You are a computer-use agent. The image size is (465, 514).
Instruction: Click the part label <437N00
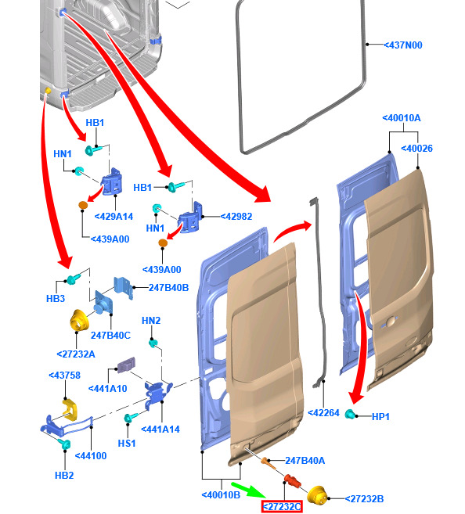(x=403, y=45)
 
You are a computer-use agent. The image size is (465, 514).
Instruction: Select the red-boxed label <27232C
(x=282, y=507)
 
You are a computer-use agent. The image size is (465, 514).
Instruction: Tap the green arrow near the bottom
(x=251, y=491)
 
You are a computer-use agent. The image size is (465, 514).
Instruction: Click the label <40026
(x=416, y=149)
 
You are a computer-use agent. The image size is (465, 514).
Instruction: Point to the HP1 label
(x=380, y=417)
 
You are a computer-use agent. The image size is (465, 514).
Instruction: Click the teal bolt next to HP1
(x=350, y=414)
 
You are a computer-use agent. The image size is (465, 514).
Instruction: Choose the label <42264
(x=323, y=413)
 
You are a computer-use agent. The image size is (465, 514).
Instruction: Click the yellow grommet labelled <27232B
(x=318, y=496)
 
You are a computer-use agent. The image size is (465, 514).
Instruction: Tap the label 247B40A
(x=305, y=461)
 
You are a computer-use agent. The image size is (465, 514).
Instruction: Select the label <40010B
(x=221, y=494)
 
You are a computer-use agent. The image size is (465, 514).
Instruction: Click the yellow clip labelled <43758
(x=70, y=409)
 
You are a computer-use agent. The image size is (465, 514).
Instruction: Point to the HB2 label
(x=64, y=476)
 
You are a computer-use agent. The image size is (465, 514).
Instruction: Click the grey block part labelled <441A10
(x=126, y=365)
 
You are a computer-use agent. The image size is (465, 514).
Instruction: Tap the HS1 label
(x=127, y=443)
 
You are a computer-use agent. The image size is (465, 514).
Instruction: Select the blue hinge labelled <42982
(x=189, y=218)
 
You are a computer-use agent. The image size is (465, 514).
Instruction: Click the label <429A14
(x=114, y=217)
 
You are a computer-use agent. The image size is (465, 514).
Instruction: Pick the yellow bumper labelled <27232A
(x=79, y=321)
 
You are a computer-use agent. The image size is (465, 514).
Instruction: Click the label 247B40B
(x=168, y=287)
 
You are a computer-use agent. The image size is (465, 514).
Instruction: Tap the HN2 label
(x=151, y=320)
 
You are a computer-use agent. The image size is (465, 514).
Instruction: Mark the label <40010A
(x=402, y=118)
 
